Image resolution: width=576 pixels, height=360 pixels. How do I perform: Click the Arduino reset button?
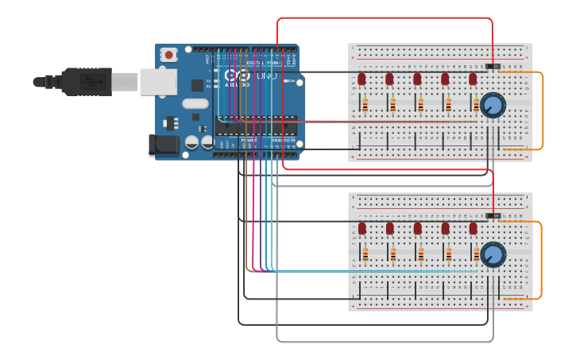click(x=168, y=55)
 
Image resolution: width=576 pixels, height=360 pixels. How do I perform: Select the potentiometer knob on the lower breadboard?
click(x=493, y=254)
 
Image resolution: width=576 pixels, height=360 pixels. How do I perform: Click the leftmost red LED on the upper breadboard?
click(x=361, y=79)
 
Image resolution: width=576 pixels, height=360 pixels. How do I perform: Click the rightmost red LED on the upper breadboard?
click(x=473, y=79)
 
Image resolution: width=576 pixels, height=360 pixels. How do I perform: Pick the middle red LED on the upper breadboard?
click(x=417, y=79)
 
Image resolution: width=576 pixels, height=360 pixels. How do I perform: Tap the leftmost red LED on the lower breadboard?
click(x=361, y=229)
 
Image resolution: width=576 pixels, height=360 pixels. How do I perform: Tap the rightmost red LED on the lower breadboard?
click(x=473, y=229)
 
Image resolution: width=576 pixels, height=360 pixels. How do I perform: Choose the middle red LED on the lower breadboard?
click(x=417, y=229)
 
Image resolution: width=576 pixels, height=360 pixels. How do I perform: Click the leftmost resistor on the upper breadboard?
click(x=365, y=104)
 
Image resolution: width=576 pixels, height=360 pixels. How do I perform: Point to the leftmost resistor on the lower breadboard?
click(x=365, y=254)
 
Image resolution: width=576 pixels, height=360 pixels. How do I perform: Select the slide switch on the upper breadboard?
click(x=493, y=65)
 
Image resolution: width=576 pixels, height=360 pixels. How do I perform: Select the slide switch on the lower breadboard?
click(x=493, y=215)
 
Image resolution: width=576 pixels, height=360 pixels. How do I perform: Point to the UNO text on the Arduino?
click(x=261, y=76)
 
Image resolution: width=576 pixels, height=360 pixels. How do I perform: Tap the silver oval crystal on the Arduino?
click(x=195, y=103)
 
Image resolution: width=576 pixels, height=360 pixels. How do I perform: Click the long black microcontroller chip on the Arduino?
click(x=255, y=126)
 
